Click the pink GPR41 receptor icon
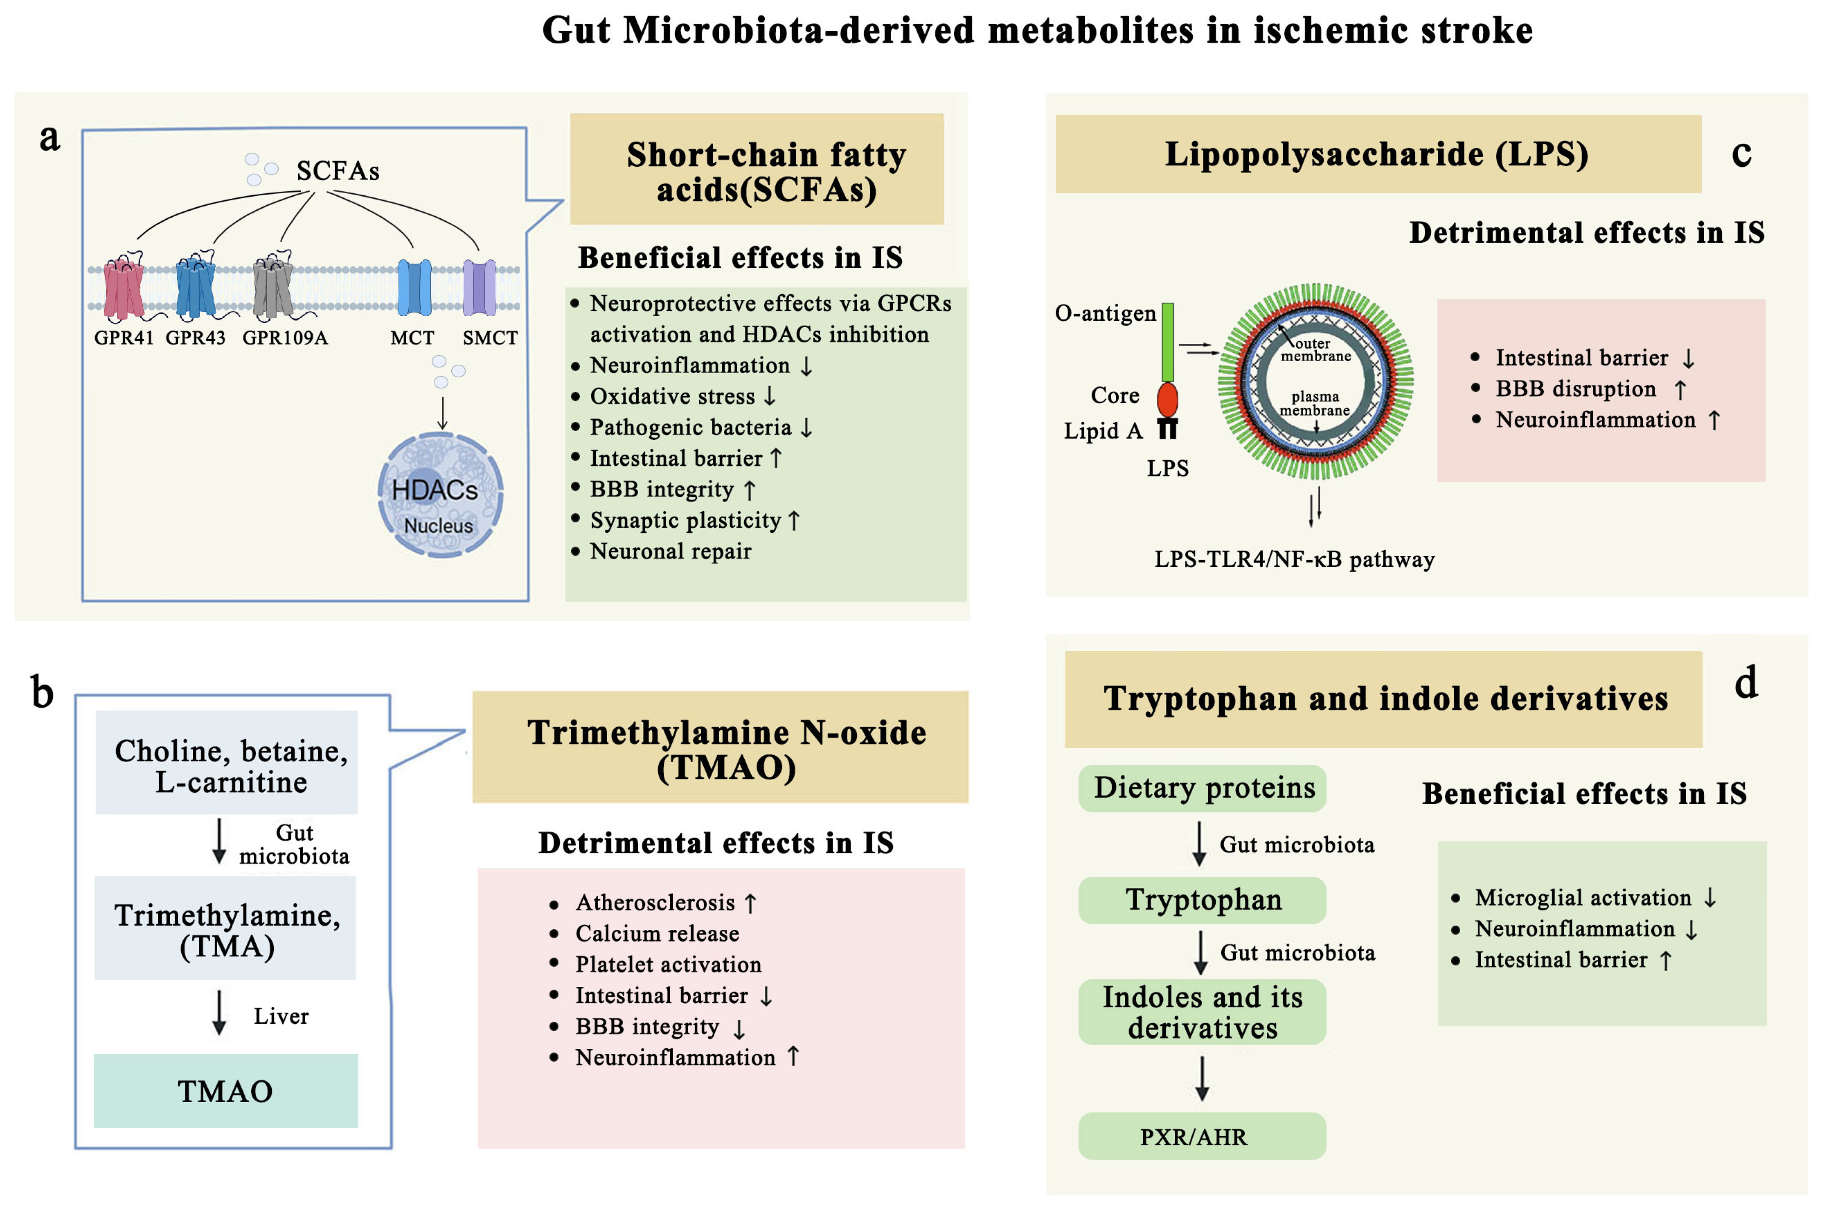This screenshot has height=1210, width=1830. pos(123,289)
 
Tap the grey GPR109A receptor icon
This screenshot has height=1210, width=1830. pos(273,288)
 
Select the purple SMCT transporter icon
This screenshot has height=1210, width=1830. pos(479,287)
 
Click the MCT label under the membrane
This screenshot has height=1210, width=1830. pos(412,338)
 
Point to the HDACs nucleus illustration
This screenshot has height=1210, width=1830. pos(440,496)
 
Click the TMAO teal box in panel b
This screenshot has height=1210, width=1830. pos(225,1091)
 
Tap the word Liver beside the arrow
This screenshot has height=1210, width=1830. pos(281,1016)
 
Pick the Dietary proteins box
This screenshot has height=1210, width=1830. pos(1202,788)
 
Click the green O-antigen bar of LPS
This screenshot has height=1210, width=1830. pos(1168,342)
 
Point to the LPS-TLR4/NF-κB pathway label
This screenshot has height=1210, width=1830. pos(1294,560)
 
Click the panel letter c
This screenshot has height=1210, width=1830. pos(1741,154)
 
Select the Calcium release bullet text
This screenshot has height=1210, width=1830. pos(657,934)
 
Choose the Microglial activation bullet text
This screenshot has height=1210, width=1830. pos(1582,897)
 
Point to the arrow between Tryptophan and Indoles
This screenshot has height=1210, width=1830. pos(1201,952)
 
